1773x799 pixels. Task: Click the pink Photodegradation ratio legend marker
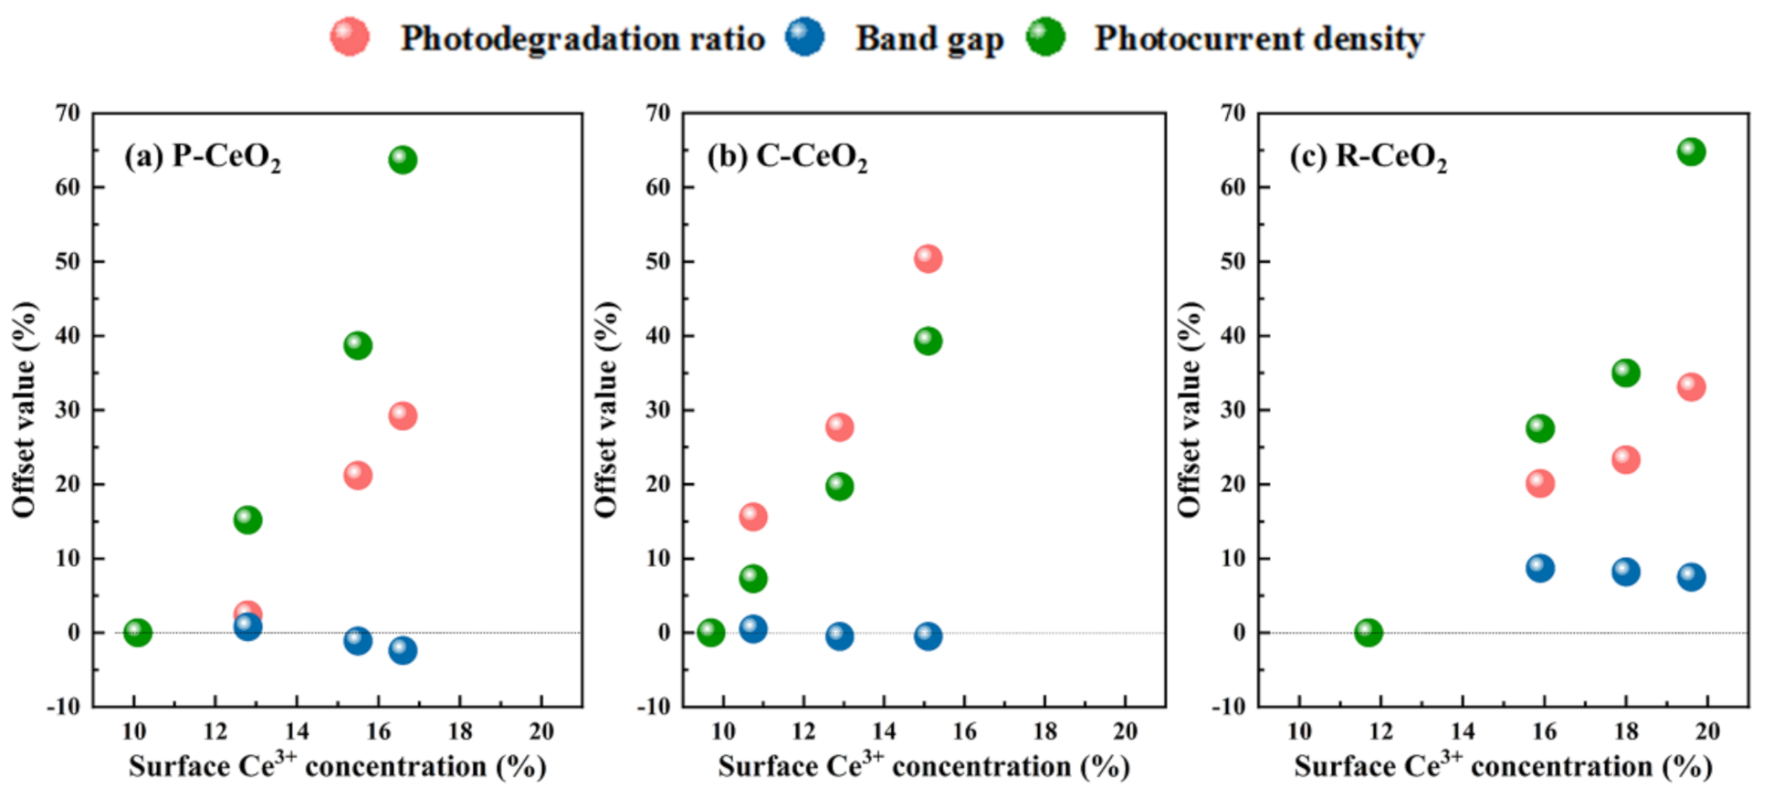pyautogui.click(x=350, y=37)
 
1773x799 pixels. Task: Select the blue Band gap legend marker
pyautogui.click(x=804, y=37)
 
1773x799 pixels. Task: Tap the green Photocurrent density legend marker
pyautogui.click(x=1045, y=37)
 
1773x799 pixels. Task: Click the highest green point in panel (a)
pyautogui.click(x=403, y=160)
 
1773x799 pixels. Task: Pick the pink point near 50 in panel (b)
pyautogui.click(x=928, y=258)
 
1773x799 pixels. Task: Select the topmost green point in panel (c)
pyautogui.click(x=1691, y=152)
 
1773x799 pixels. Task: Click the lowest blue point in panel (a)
pyautogui.click(x=403, y=650)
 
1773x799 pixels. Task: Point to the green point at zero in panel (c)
pyautogui.click(x=1368, y=632)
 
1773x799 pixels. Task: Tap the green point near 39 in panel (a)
pyautogui.click(x=358, y=345)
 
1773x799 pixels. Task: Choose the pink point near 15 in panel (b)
pyautogui.click(x=752, y=517)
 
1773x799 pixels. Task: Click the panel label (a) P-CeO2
pyautogui.click(x=202, y=157)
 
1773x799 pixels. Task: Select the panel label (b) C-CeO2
pyautogui.click(x=786, y=157)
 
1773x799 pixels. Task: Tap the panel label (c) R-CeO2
pyautogui.click(x=1367, y=157)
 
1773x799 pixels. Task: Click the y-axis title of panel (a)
pyautogui.click(x=24, y=409)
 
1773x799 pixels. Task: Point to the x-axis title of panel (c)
pyautogui.click(x=1502, y=765)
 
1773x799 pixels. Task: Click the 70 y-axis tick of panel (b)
pyautogui.click(x=658, y=113)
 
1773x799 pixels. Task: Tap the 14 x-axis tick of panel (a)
pyautogui.click(x=297, y=731)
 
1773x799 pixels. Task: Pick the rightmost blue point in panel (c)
pyautogui.click(x=1691, y=576)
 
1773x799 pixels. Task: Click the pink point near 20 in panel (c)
pyautogui.click(x=1540, y=483)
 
